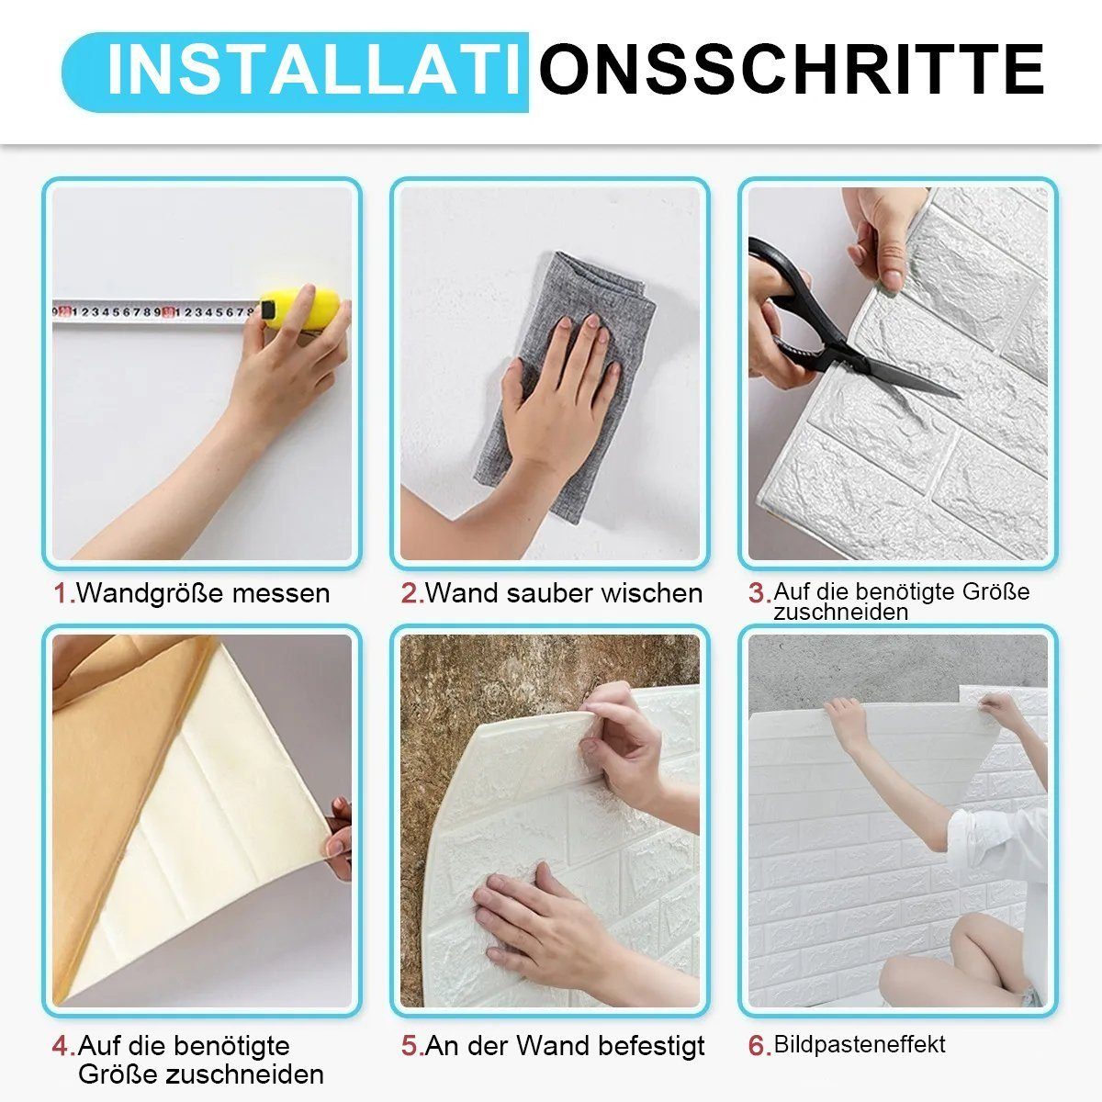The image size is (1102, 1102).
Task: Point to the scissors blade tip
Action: tap(961, 396)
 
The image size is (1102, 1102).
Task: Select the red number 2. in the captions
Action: tap(412, 593)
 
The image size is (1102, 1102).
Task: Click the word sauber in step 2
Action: tap(549, 593)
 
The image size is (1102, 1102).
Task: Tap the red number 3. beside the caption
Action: tap(760, 593)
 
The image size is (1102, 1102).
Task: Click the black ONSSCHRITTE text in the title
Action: tap(792, 69)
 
